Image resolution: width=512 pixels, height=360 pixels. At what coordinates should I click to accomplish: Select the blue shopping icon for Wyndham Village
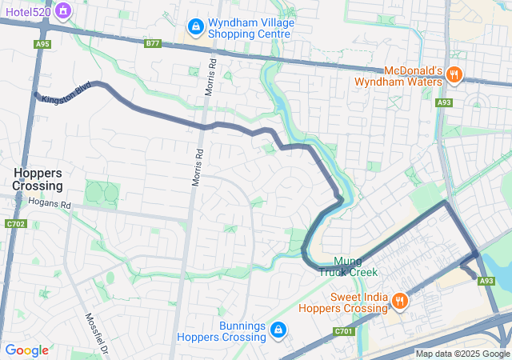tap(194, 29)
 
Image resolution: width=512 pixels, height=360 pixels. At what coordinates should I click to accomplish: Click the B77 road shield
tap(152, 44)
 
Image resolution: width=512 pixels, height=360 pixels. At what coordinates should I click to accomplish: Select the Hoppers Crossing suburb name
tap(37, 179)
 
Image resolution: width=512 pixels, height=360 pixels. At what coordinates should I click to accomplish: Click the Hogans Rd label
tap(50, 205)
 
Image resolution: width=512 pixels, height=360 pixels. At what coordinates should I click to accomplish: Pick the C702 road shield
tap(14, 223)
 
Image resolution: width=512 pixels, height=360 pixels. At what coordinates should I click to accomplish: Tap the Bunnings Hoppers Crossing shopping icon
tap(278, 330)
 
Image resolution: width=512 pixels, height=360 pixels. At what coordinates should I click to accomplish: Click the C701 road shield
tap(343, 330)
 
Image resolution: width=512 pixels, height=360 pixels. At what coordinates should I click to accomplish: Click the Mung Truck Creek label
tap(348, 266)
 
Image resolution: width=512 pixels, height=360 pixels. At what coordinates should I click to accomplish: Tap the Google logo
tap(26, 350)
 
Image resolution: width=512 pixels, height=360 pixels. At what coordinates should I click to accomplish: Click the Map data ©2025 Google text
tap(462, 354)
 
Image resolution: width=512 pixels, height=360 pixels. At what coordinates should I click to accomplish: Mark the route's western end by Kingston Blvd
tap(35, 94)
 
